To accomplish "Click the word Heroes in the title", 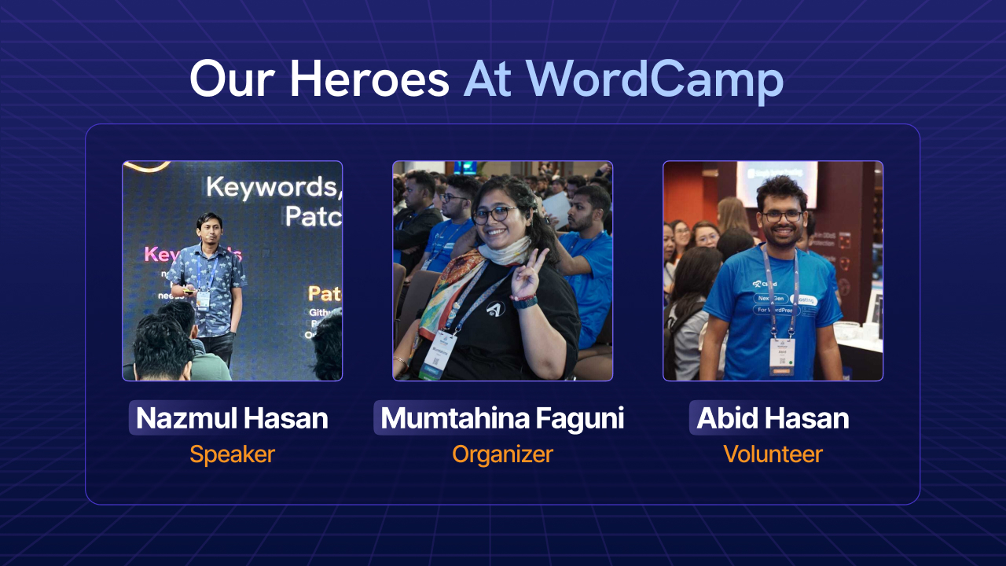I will point(369,79).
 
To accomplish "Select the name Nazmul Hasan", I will point(232,418).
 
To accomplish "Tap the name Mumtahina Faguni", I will point(502,418).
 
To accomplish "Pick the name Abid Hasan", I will point(773,418).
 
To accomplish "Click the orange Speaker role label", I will point(232,454).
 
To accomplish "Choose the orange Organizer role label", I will point(502,454).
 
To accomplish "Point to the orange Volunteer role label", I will point(773,454).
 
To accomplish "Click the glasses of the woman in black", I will point(494,214).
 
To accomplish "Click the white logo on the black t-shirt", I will point(494,310).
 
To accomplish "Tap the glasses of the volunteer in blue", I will point(782,215).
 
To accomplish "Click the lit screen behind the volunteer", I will point(776,183).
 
